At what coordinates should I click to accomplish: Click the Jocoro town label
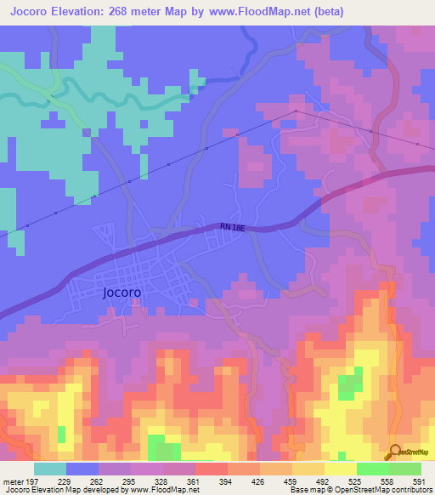click(121, 292)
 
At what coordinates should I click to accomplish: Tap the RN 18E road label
click(236, 226)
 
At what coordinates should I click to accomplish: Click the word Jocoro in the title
click(33, 12)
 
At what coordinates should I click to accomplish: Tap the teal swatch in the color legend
click(49, 469)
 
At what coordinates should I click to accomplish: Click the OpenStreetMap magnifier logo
click(394, 452)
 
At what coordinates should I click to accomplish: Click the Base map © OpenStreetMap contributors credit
click(359, 489)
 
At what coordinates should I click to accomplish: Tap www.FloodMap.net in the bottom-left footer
click(157, 489)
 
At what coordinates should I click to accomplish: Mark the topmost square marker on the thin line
click(296, 111)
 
